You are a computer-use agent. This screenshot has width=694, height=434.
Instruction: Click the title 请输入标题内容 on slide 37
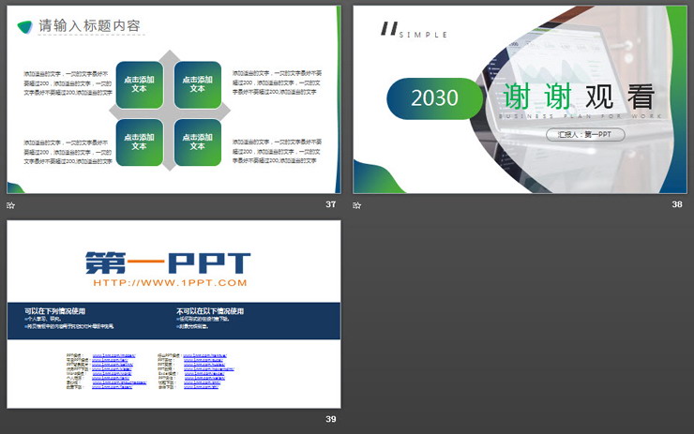90,26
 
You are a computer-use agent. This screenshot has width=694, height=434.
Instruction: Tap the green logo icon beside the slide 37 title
24,26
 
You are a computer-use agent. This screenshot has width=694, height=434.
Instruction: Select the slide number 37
330,204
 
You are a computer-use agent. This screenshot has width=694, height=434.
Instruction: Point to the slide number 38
677,204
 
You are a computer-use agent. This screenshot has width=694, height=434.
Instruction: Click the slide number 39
330,419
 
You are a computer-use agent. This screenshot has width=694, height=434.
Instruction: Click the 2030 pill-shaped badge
434,97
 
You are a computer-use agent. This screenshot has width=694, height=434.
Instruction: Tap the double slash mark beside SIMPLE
388,29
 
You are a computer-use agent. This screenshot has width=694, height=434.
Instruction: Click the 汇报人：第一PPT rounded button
585,134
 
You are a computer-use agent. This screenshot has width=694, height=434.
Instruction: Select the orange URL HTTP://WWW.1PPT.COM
170,282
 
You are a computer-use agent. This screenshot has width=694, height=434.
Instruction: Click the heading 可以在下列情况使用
55,311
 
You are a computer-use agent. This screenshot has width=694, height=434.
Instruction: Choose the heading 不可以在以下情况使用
210,311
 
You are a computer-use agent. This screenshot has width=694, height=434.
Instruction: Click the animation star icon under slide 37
11,205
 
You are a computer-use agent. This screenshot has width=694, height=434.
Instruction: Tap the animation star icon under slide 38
356,205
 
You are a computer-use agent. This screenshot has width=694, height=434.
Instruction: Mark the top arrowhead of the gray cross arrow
168,56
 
